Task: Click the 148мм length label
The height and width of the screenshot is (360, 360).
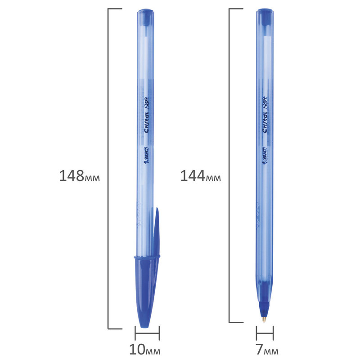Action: (80, 176)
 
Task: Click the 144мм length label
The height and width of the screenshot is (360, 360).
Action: (200, 176)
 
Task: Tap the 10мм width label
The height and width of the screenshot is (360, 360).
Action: (145, 350)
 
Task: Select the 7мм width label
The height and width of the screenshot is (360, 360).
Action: (267, 350)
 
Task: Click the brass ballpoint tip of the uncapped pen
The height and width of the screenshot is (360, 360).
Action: (264, 319)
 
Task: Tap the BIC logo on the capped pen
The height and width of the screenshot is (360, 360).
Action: (146, 155)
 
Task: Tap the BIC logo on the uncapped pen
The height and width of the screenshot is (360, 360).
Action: (264, 156)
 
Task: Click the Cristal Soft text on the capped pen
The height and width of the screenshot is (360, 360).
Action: (146, 115)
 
